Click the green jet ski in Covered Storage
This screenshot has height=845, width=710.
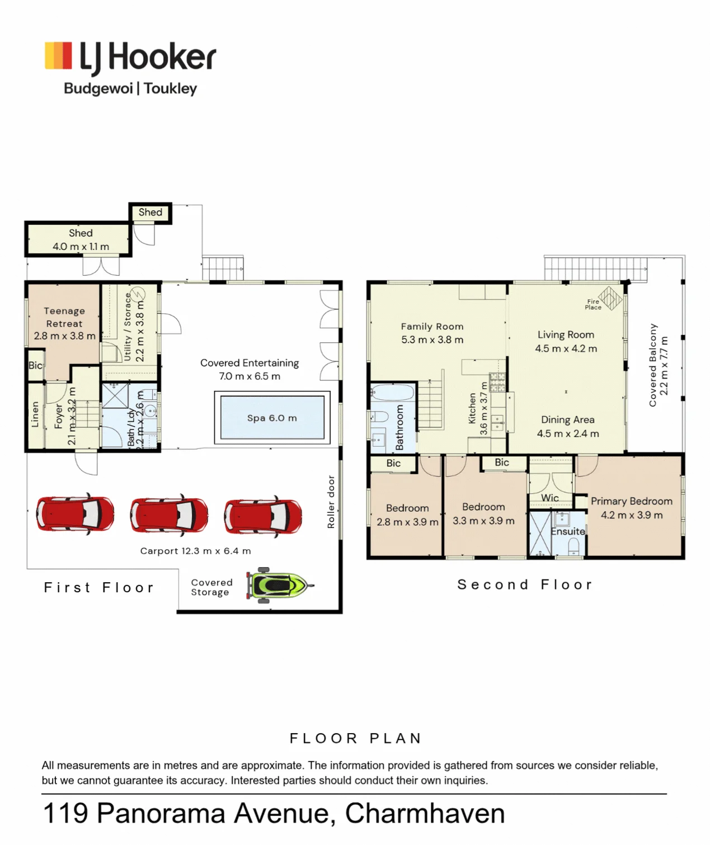click(279, 585)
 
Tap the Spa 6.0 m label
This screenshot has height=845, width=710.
click(272, 418)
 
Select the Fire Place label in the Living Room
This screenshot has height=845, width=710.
click(593, 304)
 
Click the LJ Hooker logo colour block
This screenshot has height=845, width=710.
click(58, 55)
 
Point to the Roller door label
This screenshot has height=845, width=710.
click(331, 502)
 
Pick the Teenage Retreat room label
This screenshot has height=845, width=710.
click(64, 317)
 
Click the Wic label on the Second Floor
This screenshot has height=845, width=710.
click(549, 498)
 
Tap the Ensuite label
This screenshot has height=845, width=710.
click(568, 531)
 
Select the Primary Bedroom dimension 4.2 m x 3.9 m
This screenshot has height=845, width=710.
click(632, 515)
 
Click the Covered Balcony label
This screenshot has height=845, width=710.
click(652, 365)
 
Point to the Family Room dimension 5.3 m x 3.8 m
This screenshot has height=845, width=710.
click(432, 340)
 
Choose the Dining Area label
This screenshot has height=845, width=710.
click(568, 419)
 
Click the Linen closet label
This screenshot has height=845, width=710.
click(35, 414)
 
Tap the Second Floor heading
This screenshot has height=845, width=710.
click(525, 584)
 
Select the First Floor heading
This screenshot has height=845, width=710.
click(99, 587)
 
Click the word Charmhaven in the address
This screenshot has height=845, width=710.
click(425, 813)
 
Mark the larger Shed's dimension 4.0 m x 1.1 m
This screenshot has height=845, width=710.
click(81, 247)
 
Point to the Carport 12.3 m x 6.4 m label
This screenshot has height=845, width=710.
click(196, 551)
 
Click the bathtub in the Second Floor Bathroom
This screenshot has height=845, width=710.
click(393, 393)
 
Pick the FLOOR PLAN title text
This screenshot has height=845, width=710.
click(356, 739)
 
